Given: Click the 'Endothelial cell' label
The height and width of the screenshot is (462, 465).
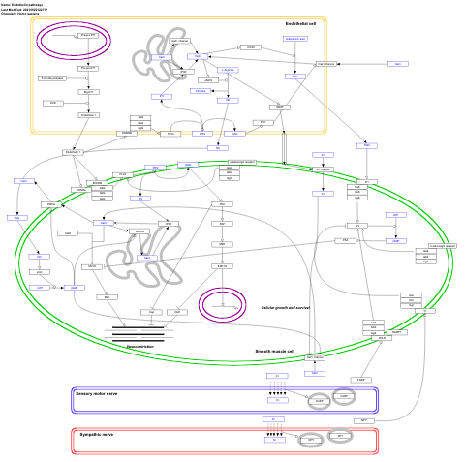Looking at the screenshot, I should click(x=300, y=22).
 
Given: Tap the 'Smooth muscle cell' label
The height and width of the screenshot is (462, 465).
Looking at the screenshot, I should click(x=274, y=352).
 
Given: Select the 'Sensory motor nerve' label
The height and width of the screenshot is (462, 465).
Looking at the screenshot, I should click(x=97, y=394).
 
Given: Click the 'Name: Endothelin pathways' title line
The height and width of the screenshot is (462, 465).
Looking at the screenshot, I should click(x=24, y=4).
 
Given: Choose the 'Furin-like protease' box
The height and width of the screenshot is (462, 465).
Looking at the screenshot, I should click(x=51, y=78).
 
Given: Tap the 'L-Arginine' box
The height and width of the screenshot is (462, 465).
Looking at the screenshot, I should click(x=229, y=70).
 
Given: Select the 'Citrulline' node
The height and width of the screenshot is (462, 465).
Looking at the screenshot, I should click(x=201, y=90).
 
